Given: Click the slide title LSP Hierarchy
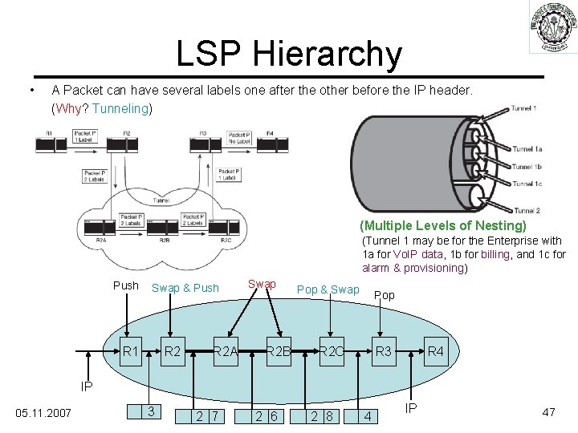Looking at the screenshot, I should click(289, 54).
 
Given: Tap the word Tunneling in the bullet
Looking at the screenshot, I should click(120, 107).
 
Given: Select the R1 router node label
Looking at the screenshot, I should click(131, 350).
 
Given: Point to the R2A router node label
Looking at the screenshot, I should click(226, 350).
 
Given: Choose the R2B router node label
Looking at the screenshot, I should click(279, 350).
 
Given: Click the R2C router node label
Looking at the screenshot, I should click(331, 350).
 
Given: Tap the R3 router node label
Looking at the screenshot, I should click(384, 350).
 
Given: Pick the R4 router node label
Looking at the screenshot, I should click(436, 350).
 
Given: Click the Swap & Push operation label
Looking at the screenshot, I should click(185, 288).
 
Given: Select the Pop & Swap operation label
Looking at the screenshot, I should click(328, 289).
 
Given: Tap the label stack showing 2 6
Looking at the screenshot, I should click(267, 415).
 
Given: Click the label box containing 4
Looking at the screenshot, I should click(368, 415).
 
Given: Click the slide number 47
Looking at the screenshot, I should click(549, 412).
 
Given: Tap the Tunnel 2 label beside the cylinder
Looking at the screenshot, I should click(526, 209).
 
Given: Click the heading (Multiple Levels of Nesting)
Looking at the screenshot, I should click(443, 225).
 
